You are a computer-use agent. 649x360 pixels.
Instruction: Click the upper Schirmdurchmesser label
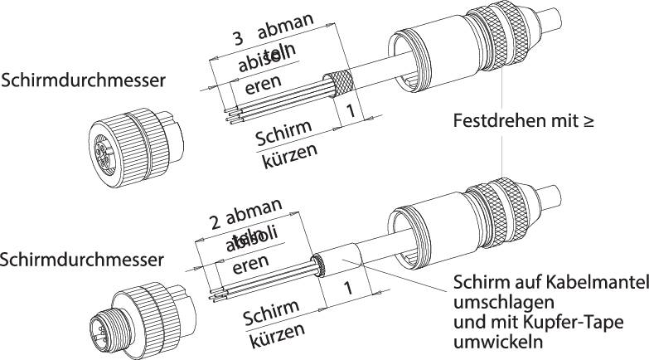coord(84,80)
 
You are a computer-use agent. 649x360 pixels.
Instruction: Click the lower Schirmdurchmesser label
coord(84,260)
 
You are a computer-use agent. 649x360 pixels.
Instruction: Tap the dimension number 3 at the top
coord(237,39)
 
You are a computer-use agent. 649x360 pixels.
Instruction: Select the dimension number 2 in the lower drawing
coord(215,221)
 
